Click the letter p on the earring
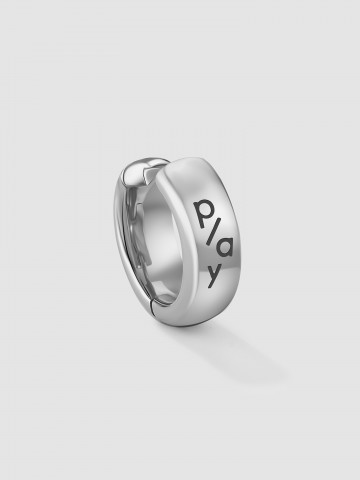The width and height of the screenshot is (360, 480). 202,213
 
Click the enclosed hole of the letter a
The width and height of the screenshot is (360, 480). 224,248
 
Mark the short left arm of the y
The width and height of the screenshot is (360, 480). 210,268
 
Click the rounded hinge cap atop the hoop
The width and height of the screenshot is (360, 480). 135,173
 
